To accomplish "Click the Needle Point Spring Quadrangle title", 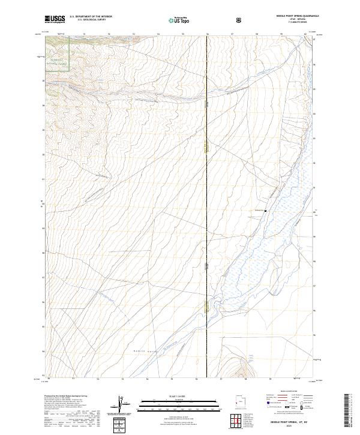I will pyautogui.click(x=298, y=16).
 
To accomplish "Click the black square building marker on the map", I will pyautogui.click(x=265, y=211).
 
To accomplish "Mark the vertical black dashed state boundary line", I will pyautogui.click(x=208, y=180).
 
